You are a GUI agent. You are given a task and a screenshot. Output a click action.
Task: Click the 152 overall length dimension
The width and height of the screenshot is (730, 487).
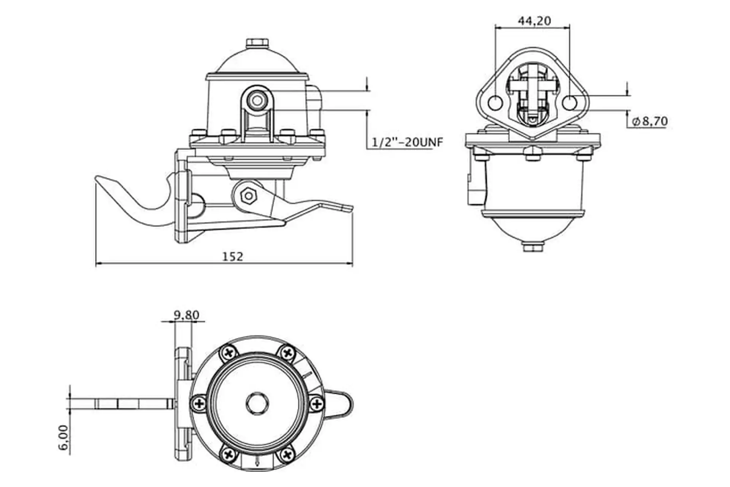(232, 256)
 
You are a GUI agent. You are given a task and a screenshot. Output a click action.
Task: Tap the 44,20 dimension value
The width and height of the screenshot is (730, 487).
(534, 21)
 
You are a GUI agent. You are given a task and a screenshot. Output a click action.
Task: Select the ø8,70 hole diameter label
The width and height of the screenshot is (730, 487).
(650, 121)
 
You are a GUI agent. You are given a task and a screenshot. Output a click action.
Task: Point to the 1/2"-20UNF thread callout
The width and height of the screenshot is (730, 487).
(407, 142)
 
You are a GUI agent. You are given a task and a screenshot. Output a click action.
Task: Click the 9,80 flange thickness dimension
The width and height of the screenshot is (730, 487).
(186, 315)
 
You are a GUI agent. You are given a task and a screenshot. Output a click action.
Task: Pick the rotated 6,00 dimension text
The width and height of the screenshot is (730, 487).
(63, 438)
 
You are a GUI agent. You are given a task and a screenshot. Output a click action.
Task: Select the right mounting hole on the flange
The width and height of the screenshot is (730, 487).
(570, 103)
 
